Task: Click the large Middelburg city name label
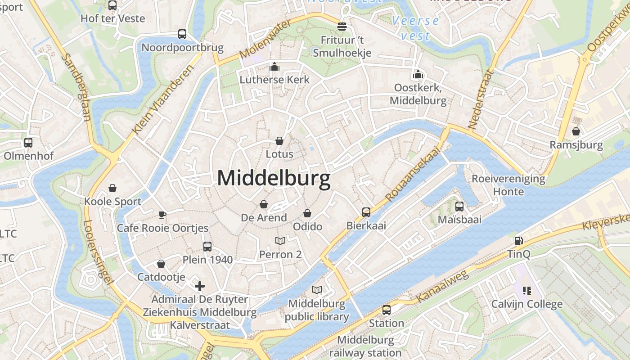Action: click(x=274, y=178)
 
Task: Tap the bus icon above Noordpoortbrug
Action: click(x=182, y=34)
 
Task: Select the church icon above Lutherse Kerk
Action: click(x=274, y=67)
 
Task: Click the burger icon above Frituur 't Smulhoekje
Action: click(x=342, y=26)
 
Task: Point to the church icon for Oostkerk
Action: click(x=418, y=74)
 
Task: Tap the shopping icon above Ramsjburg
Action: click(x=576, y=132)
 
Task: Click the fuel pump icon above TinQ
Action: click(x=519, y=241)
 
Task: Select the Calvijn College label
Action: click(x=526, y=304)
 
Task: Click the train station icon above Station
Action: click(x=387, y=310)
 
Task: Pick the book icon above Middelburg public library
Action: click(x=317, y=290)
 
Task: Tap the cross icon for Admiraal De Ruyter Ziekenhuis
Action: click(x=200, y=286)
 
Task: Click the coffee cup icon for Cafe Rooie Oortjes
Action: click(x=162, y=215)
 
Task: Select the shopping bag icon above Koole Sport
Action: click(x=112, y=188)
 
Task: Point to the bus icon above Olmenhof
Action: click(x=28, y=143)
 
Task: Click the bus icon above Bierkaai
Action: click(x=366, y=212)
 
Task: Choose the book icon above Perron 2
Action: click(x=280, y=241)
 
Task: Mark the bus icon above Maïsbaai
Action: click(x=459, y=207)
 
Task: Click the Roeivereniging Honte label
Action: click(x=508, y=185)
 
